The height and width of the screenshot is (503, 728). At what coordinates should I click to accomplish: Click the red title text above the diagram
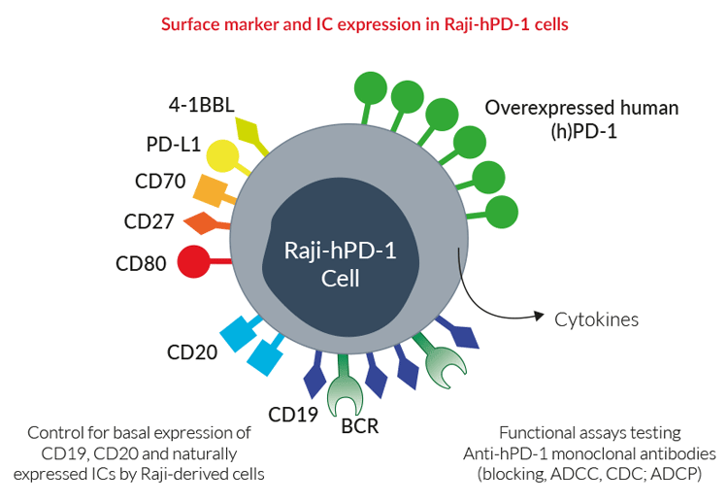coord(364,24)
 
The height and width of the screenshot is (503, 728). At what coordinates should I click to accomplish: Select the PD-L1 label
coord(173,145)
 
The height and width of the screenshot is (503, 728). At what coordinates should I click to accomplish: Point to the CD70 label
coord(159,182)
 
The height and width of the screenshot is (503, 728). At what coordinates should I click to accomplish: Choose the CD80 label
coord(141,262)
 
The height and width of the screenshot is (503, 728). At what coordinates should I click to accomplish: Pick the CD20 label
coord(191,352)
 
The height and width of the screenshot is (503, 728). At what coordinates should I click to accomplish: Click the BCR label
coord(359,424)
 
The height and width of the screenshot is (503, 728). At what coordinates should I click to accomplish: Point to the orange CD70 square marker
coord(211,188)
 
